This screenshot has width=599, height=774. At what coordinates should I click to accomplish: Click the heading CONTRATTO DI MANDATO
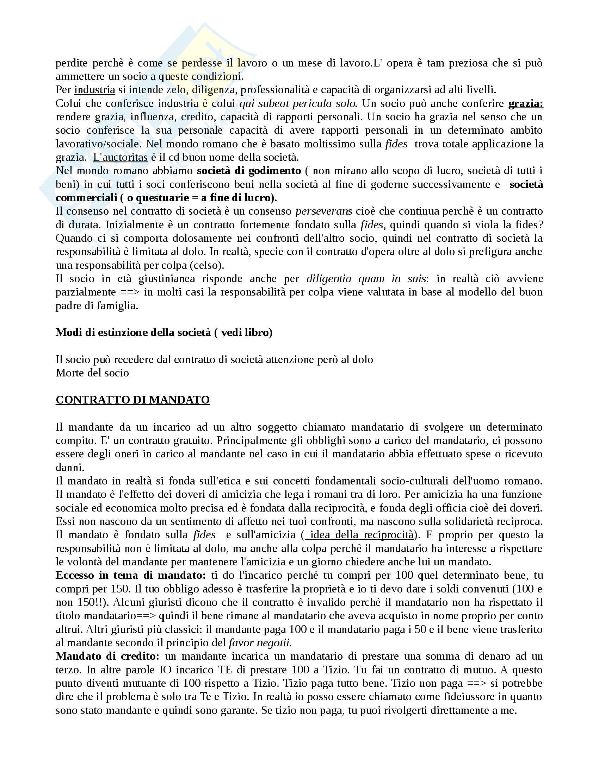pyautogui.click(x=133, y=400)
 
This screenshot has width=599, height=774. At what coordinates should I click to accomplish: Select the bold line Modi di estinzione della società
pyautogui.click(x=164, y=332)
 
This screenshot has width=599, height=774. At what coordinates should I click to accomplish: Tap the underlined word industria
pyautogui.click(x=95, y=90)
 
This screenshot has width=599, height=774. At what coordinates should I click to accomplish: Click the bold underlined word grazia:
pyautogui.click(x=526, y=103)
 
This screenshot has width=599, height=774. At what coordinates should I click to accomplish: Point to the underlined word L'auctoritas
pyautogui.click(x=120, y=157)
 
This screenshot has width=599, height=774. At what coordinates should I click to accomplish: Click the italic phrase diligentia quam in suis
pyautogui.click(x=365, y=279)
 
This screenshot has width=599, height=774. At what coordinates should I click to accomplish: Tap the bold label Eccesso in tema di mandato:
pyautogui.click(x=131, y=575)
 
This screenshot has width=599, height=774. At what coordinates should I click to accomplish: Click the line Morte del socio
pyautogui.click(x=92, y=373)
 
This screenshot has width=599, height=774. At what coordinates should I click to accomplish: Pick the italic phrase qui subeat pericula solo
pyautogui.click(x=297, y=103)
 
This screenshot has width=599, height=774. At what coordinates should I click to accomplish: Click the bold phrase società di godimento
pyautogui.click(x=249, y=171)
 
